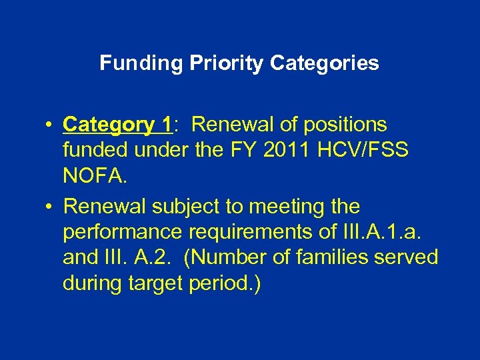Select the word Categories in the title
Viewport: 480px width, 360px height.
point(325,63)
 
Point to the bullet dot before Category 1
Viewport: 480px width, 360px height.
point(50,125)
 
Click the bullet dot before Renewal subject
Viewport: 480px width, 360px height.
point(50,207)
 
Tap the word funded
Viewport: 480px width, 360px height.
point(95,150)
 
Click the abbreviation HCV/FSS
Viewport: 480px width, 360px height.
point(371,150)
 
